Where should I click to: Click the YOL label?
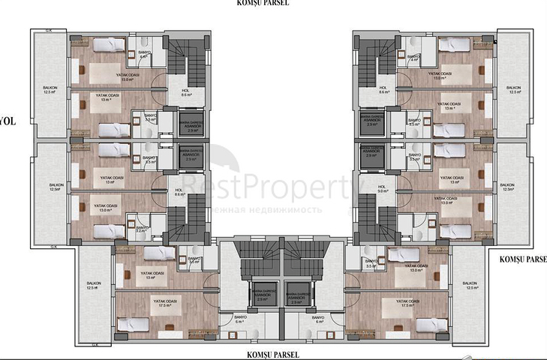(7, 119)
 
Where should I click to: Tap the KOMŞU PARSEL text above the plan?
(262, 4)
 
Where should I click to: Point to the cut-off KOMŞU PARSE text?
(522, 259)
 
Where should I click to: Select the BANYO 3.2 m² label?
(141, 229)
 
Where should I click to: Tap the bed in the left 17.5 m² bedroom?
(133, 324)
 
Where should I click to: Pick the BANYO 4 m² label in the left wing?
(144, 54)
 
